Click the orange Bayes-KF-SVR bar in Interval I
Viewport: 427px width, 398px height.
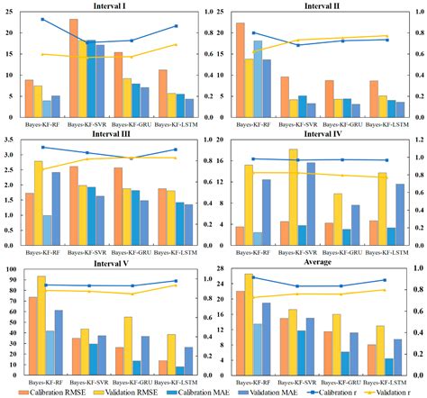click(x=73, y=68)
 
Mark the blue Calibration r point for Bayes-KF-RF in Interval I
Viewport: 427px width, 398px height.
click(x=42, y=19)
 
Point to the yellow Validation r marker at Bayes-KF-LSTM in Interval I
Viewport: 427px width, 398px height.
click(x=176, y=44)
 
